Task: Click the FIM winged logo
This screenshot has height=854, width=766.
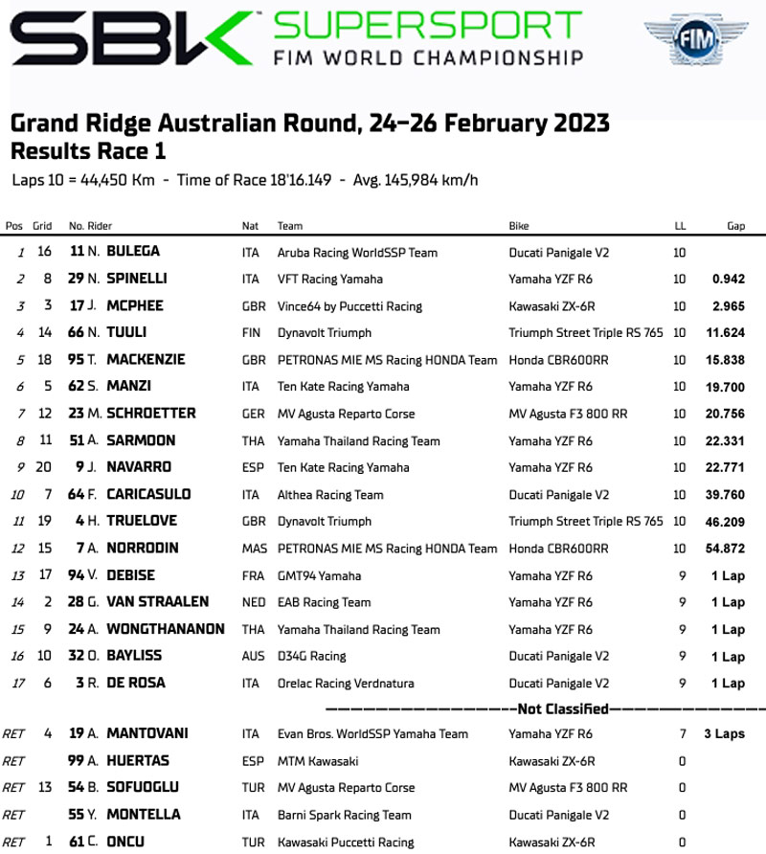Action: click(706, 43)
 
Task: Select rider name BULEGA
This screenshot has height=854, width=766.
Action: click(133, 252)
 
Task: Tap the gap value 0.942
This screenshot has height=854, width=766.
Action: click(729, 280)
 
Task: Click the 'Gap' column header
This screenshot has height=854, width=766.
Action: click(735, 226)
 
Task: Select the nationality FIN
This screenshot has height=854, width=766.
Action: click(252, 333)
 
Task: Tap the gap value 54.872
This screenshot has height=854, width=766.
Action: click(724, 549)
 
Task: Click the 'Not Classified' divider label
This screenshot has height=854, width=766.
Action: click(563, 709)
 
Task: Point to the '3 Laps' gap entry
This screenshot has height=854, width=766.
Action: click(724, 733)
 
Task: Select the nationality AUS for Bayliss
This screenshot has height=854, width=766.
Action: click(253, 657)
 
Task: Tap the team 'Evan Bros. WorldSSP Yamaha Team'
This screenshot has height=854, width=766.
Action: click(372, 734)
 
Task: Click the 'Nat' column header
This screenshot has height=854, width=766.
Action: click(251, 226)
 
